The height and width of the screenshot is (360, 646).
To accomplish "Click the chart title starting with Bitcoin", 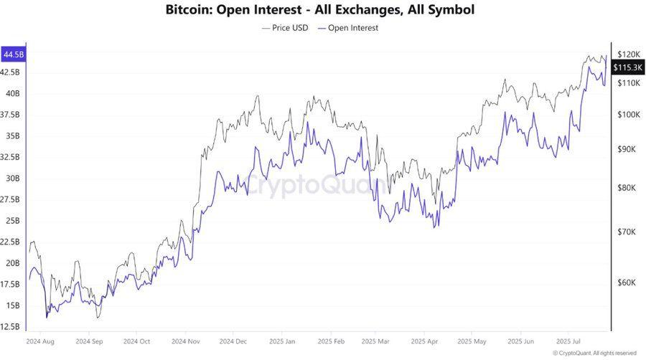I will pyautogui.click(x=319, y=10).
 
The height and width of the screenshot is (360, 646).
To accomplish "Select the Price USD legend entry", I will pyautogui.click(x=286, y=28).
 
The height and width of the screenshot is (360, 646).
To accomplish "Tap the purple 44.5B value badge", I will pyautogui.click(x=14, y=55).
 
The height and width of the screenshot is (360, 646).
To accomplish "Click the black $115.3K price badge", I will pyautogui.click(x=627, y=67).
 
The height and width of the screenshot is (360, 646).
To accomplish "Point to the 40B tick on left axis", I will pyautogui.click(x=12, y=93).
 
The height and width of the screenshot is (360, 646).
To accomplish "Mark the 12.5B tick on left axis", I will pyautogui.click(x=11, y=326).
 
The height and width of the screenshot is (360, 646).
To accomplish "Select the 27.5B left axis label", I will pyautogui.click(x=11, y=199).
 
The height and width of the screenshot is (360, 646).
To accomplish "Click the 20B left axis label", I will pyautogui.click(x=12, y=263).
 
